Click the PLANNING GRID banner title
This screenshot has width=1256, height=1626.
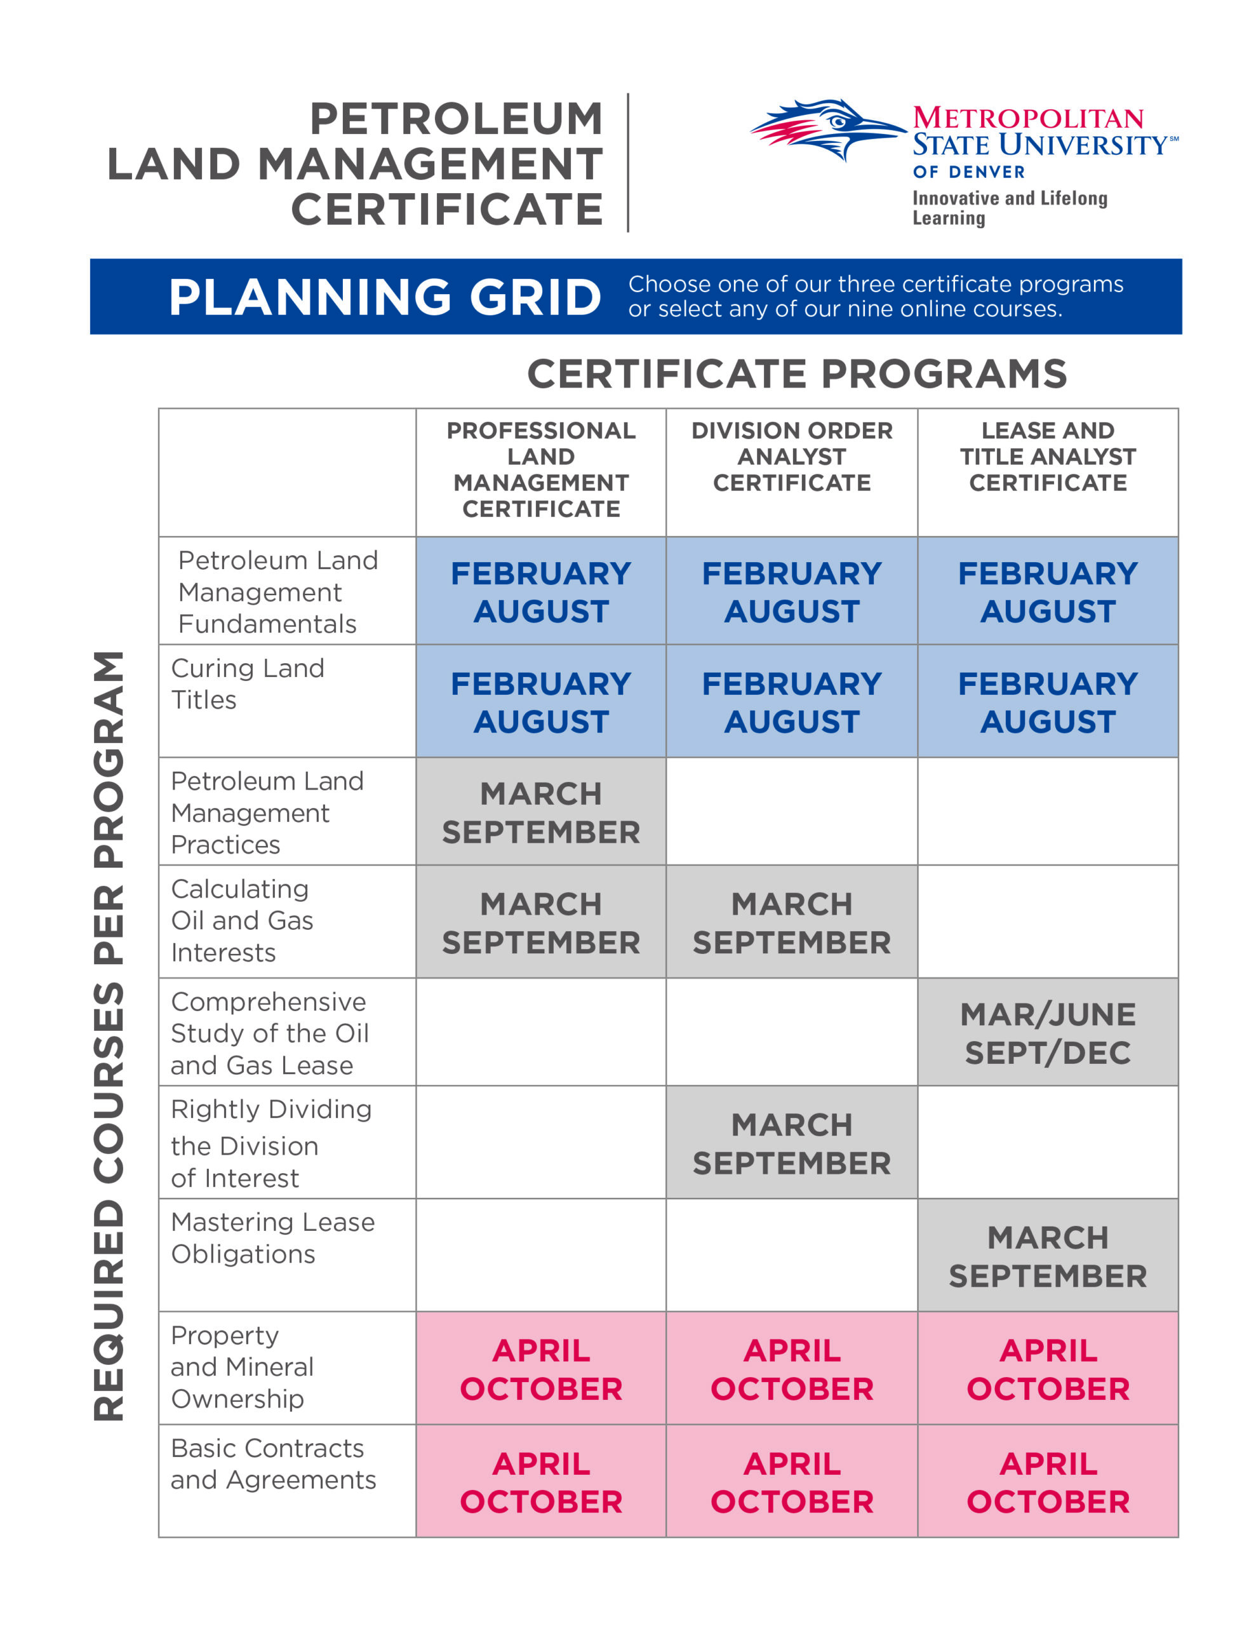coord(384,297)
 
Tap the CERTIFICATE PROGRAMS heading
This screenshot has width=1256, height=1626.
coord(797,373)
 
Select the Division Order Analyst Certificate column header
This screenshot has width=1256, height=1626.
coord(791,457)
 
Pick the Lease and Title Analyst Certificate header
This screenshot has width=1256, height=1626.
coord(1048,457)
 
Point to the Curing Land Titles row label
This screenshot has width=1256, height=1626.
coord(247,683)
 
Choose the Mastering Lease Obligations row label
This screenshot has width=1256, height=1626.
coord(272,1237)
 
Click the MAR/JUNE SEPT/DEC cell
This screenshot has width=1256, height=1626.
coord(1048,1033)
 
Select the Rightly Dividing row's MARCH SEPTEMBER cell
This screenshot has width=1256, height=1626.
coord(791,1143)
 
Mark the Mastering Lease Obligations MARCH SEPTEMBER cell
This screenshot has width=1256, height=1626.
coord(1048,1257)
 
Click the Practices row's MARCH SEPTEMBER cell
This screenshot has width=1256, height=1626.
coord(540,813)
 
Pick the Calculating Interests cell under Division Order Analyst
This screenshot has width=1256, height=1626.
coord(791,923)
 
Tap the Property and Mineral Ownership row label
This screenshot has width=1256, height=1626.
coord(241,1367)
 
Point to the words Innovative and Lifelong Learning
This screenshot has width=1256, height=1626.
coord(1009,208)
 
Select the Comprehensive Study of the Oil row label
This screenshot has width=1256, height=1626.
coord(269,1033)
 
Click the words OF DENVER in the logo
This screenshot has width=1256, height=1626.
coord(968,172)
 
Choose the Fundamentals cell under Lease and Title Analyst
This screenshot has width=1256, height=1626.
coord(1048,592)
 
